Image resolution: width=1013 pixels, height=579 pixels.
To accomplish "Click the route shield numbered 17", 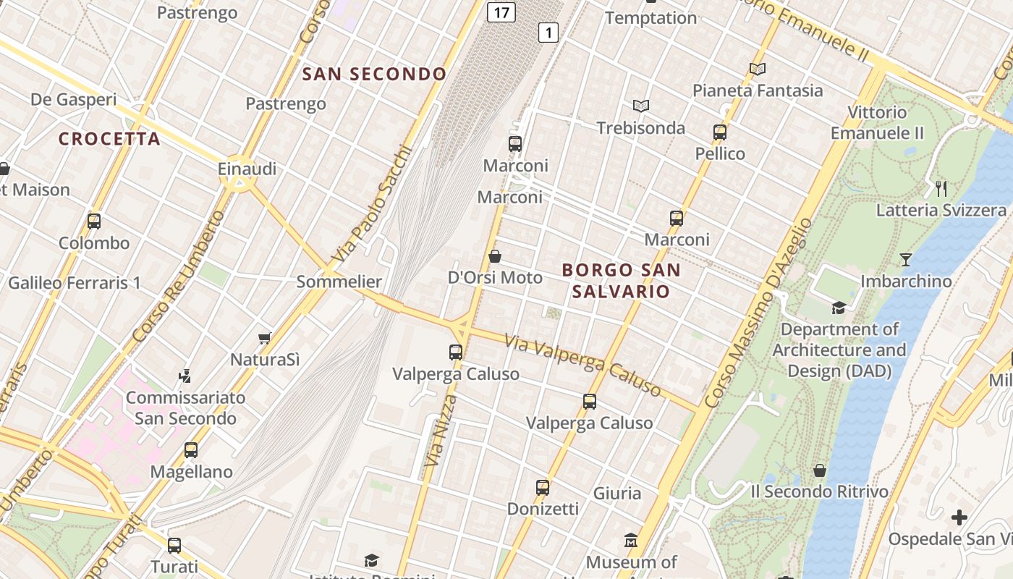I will (x=501, y=12).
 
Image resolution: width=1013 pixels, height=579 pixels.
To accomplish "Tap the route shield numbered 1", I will (x=548, y=32).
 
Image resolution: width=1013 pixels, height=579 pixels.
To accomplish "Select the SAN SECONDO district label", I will (x=374, y=74).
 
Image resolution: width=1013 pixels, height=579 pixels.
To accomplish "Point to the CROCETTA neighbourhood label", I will (x=109, y=139).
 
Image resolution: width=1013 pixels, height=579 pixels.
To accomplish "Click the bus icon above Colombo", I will (x=94, y=221).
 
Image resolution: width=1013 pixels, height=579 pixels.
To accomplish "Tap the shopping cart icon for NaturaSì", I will (x=265, y=338).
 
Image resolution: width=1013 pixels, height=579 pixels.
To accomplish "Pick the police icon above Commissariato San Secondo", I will (x=185, y=376).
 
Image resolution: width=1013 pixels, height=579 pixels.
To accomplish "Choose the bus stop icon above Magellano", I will (x=191, y=450).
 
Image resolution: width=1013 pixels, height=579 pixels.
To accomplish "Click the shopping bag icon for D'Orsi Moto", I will (x=495, y=255).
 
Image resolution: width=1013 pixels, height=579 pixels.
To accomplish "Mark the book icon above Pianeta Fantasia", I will (x=758, y=69).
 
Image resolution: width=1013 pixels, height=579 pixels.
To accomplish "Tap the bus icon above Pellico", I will (x=720, y=132).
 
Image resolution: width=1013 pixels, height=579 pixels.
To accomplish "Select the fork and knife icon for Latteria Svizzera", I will (x=941, y=189).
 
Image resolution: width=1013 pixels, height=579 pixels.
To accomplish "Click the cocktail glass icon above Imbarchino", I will (x=905, y=259).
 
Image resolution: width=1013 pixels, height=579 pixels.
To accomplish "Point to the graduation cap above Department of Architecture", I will (x=839, y=308).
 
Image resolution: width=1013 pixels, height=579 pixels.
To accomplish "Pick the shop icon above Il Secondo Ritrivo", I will (x=820, y=470).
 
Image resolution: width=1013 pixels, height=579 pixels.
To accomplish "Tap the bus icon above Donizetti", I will (x=543, y=487).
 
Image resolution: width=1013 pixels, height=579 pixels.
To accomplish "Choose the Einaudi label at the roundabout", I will (x=247, y=169).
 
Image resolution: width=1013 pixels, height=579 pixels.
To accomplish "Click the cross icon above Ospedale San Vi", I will (x=959, y=517).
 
